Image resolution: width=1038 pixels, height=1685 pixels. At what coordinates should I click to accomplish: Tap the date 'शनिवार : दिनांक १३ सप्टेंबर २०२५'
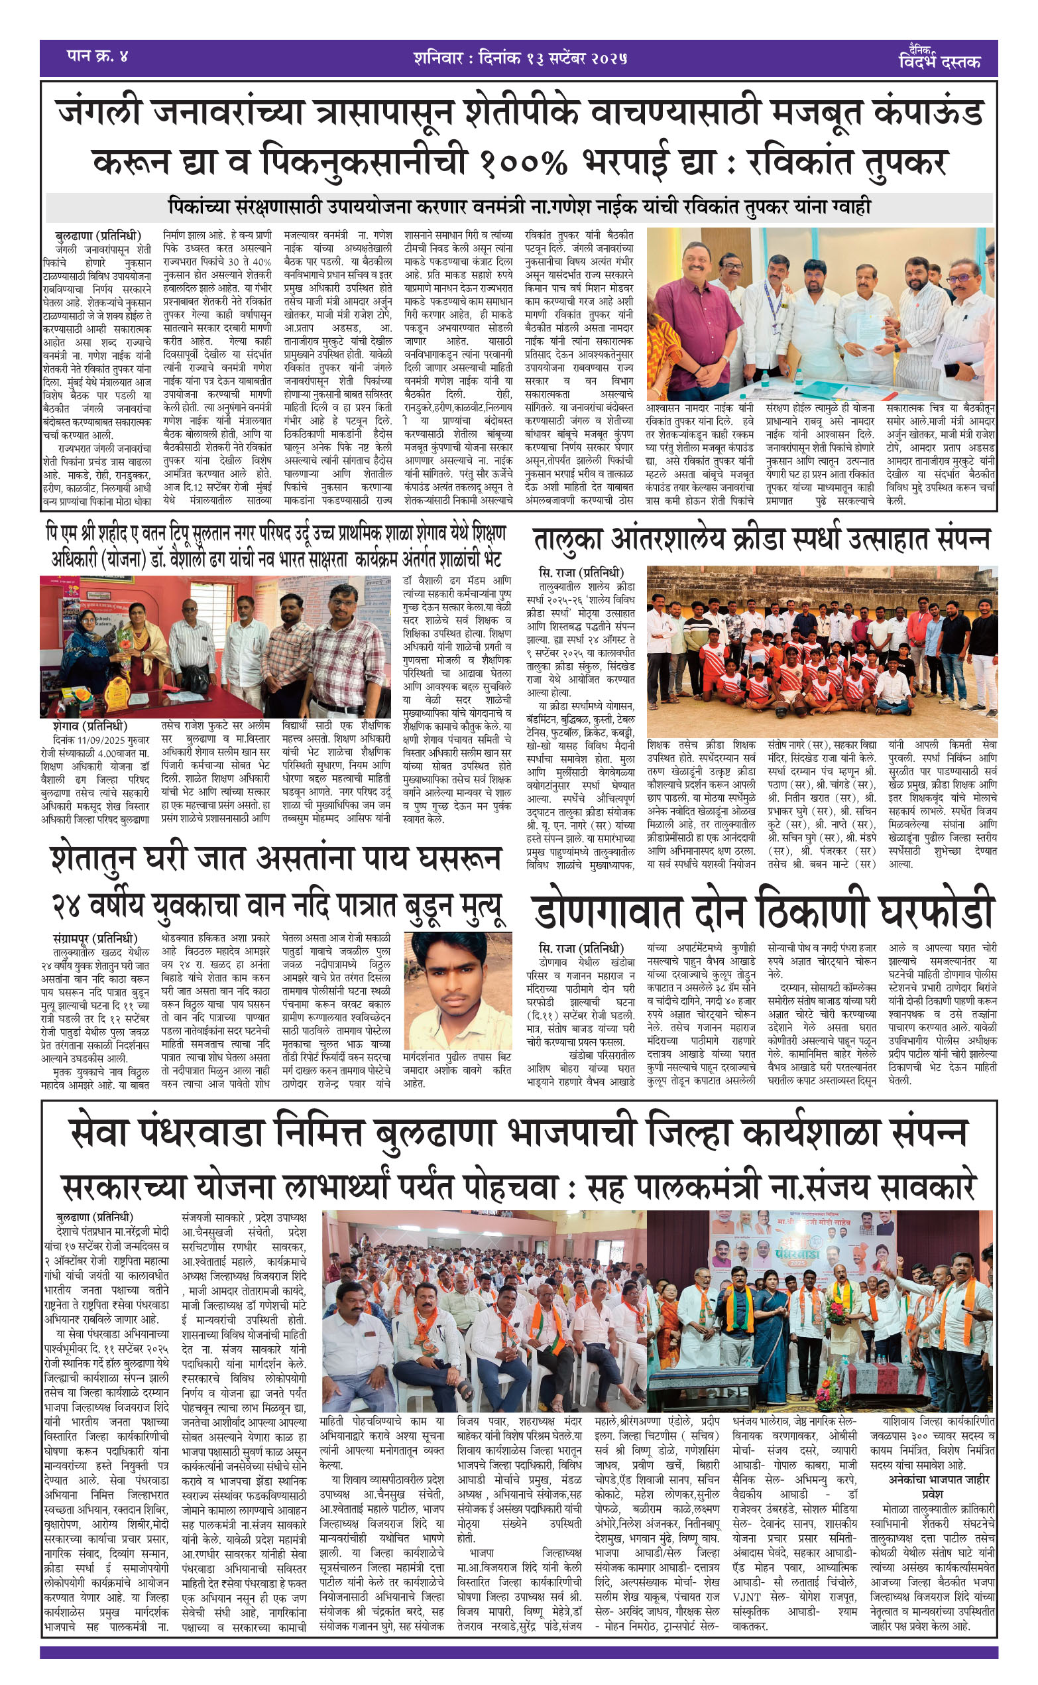click(520, 58)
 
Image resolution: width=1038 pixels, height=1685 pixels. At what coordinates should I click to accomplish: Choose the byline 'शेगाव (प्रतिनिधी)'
click(90, 725)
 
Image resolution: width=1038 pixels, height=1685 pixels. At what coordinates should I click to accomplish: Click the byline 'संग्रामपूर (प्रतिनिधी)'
click(95, 938)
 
